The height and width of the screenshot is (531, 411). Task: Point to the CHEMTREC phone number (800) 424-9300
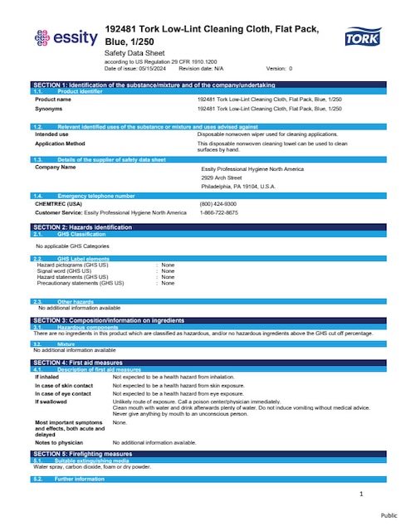(x=217, y=204)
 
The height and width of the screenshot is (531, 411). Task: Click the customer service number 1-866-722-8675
(x=218, y=212)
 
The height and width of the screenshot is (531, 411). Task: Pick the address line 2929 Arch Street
(x=222, y=178)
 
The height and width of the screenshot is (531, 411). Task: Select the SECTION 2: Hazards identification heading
(x=82, y=227)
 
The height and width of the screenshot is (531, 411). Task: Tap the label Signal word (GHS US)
(x=70, y=271)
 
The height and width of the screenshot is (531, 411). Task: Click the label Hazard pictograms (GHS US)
(x=78, y=265)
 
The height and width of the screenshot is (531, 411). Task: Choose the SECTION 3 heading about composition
(x=108, y=319)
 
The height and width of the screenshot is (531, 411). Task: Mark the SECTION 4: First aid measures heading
(x=78, y=363)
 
